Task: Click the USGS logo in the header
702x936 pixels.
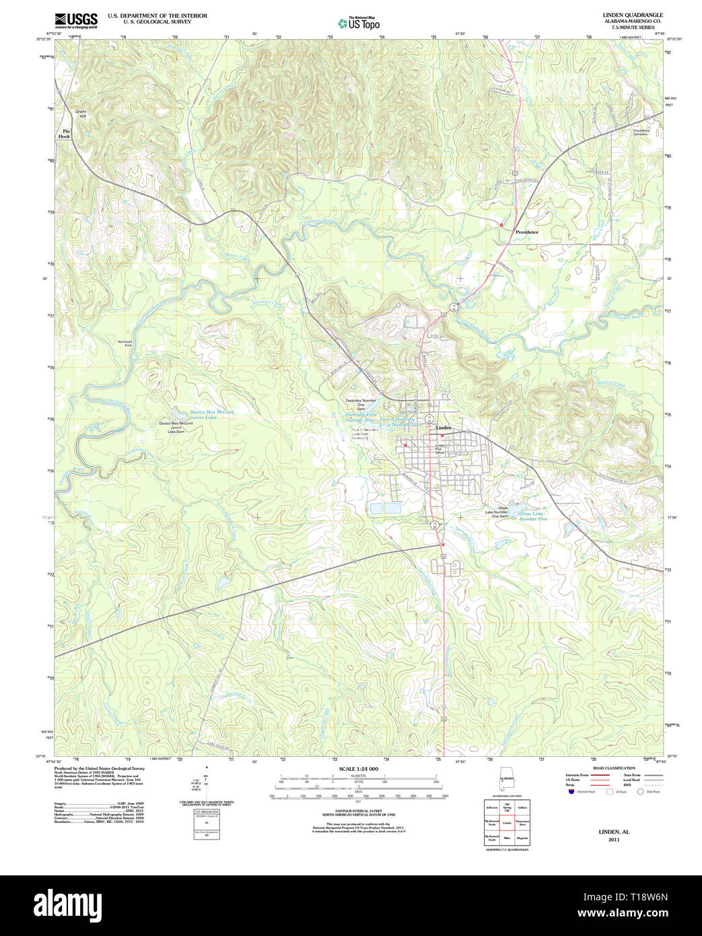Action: point(75,19)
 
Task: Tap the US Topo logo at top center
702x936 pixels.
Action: point(359,23)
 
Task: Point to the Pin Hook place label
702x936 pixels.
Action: point(65,133)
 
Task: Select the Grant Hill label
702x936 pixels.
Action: point(81,114)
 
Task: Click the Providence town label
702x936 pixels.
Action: point(526,232)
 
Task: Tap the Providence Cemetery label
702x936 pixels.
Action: point(640,132)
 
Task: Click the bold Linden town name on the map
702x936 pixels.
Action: point(444,428)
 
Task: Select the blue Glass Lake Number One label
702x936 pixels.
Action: point(532,516)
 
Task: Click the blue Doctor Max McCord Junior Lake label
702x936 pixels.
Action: point(211,414)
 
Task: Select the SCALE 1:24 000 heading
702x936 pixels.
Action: point(358,769)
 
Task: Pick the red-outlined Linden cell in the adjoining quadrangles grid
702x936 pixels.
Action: point(507,823)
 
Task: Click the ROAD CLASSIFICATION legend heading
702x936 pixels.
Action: point(613,768)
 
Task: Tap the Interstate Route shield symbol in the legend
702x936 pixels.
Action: point(571,791)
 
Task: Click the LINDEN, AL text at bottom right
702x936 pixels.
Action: point(614,832)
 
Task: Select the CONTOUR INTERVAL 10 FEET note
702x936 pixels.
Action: point(358,811)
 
